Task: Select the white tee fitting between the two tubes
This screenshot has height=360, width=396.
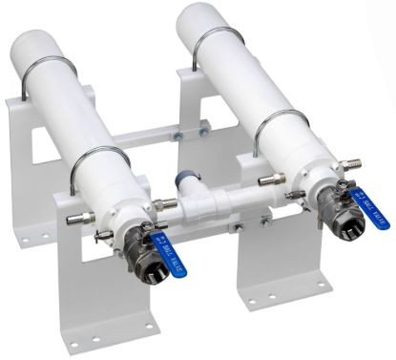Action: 216,206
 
